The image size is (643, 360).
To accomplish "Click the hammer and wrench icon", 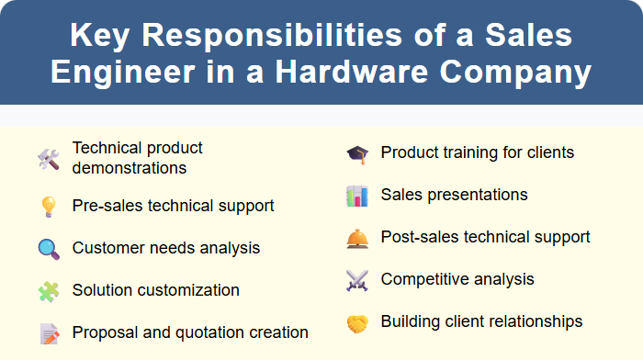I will tap(48, 159).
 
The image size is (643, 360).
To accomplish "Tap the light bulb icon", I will tap(48, 207).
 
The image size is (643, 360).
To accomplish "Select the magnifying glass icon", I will tap(48, 249).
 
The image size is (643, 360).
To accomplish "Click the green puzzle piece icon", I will tap(48, 291).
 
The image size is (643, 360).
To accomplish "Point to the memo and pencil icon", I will tap(48, 333).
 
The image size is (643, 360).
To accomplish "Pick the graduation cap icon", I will tap(356, 153).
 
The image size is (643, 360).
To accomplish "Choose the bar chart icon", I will tap(356, 196).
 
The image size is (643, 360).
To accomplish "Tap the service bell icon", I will tap(356, 238).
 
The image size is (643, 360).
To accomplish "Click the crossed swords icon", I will tap(356, 280).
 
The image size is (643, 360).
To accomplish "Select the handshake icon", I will tap(356, 322).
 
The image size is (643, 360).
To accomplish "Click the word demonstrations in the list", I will tap(130, 168).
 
